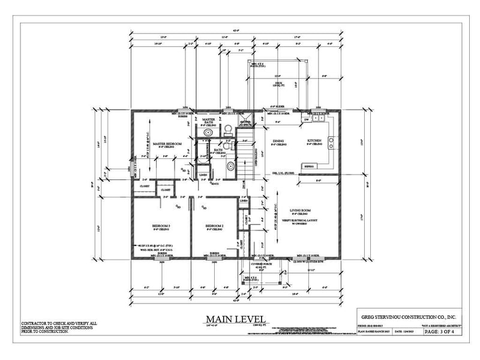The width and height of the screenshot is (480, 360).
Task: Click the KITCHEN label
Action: [314, 141]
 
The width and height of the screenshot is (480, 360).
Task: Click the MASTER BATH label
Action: [209, 120]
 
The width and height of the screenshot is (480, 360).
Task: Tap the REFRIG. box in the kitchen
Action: [310, 166]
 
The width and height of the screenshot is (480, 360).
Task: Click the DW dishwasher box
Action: [307, 119]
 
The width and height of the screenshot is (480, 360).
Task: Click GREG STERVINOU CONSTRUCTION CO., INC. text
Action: [409, 317]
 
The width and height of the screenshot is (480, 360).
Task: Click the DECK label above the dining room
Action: [277, 84]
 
